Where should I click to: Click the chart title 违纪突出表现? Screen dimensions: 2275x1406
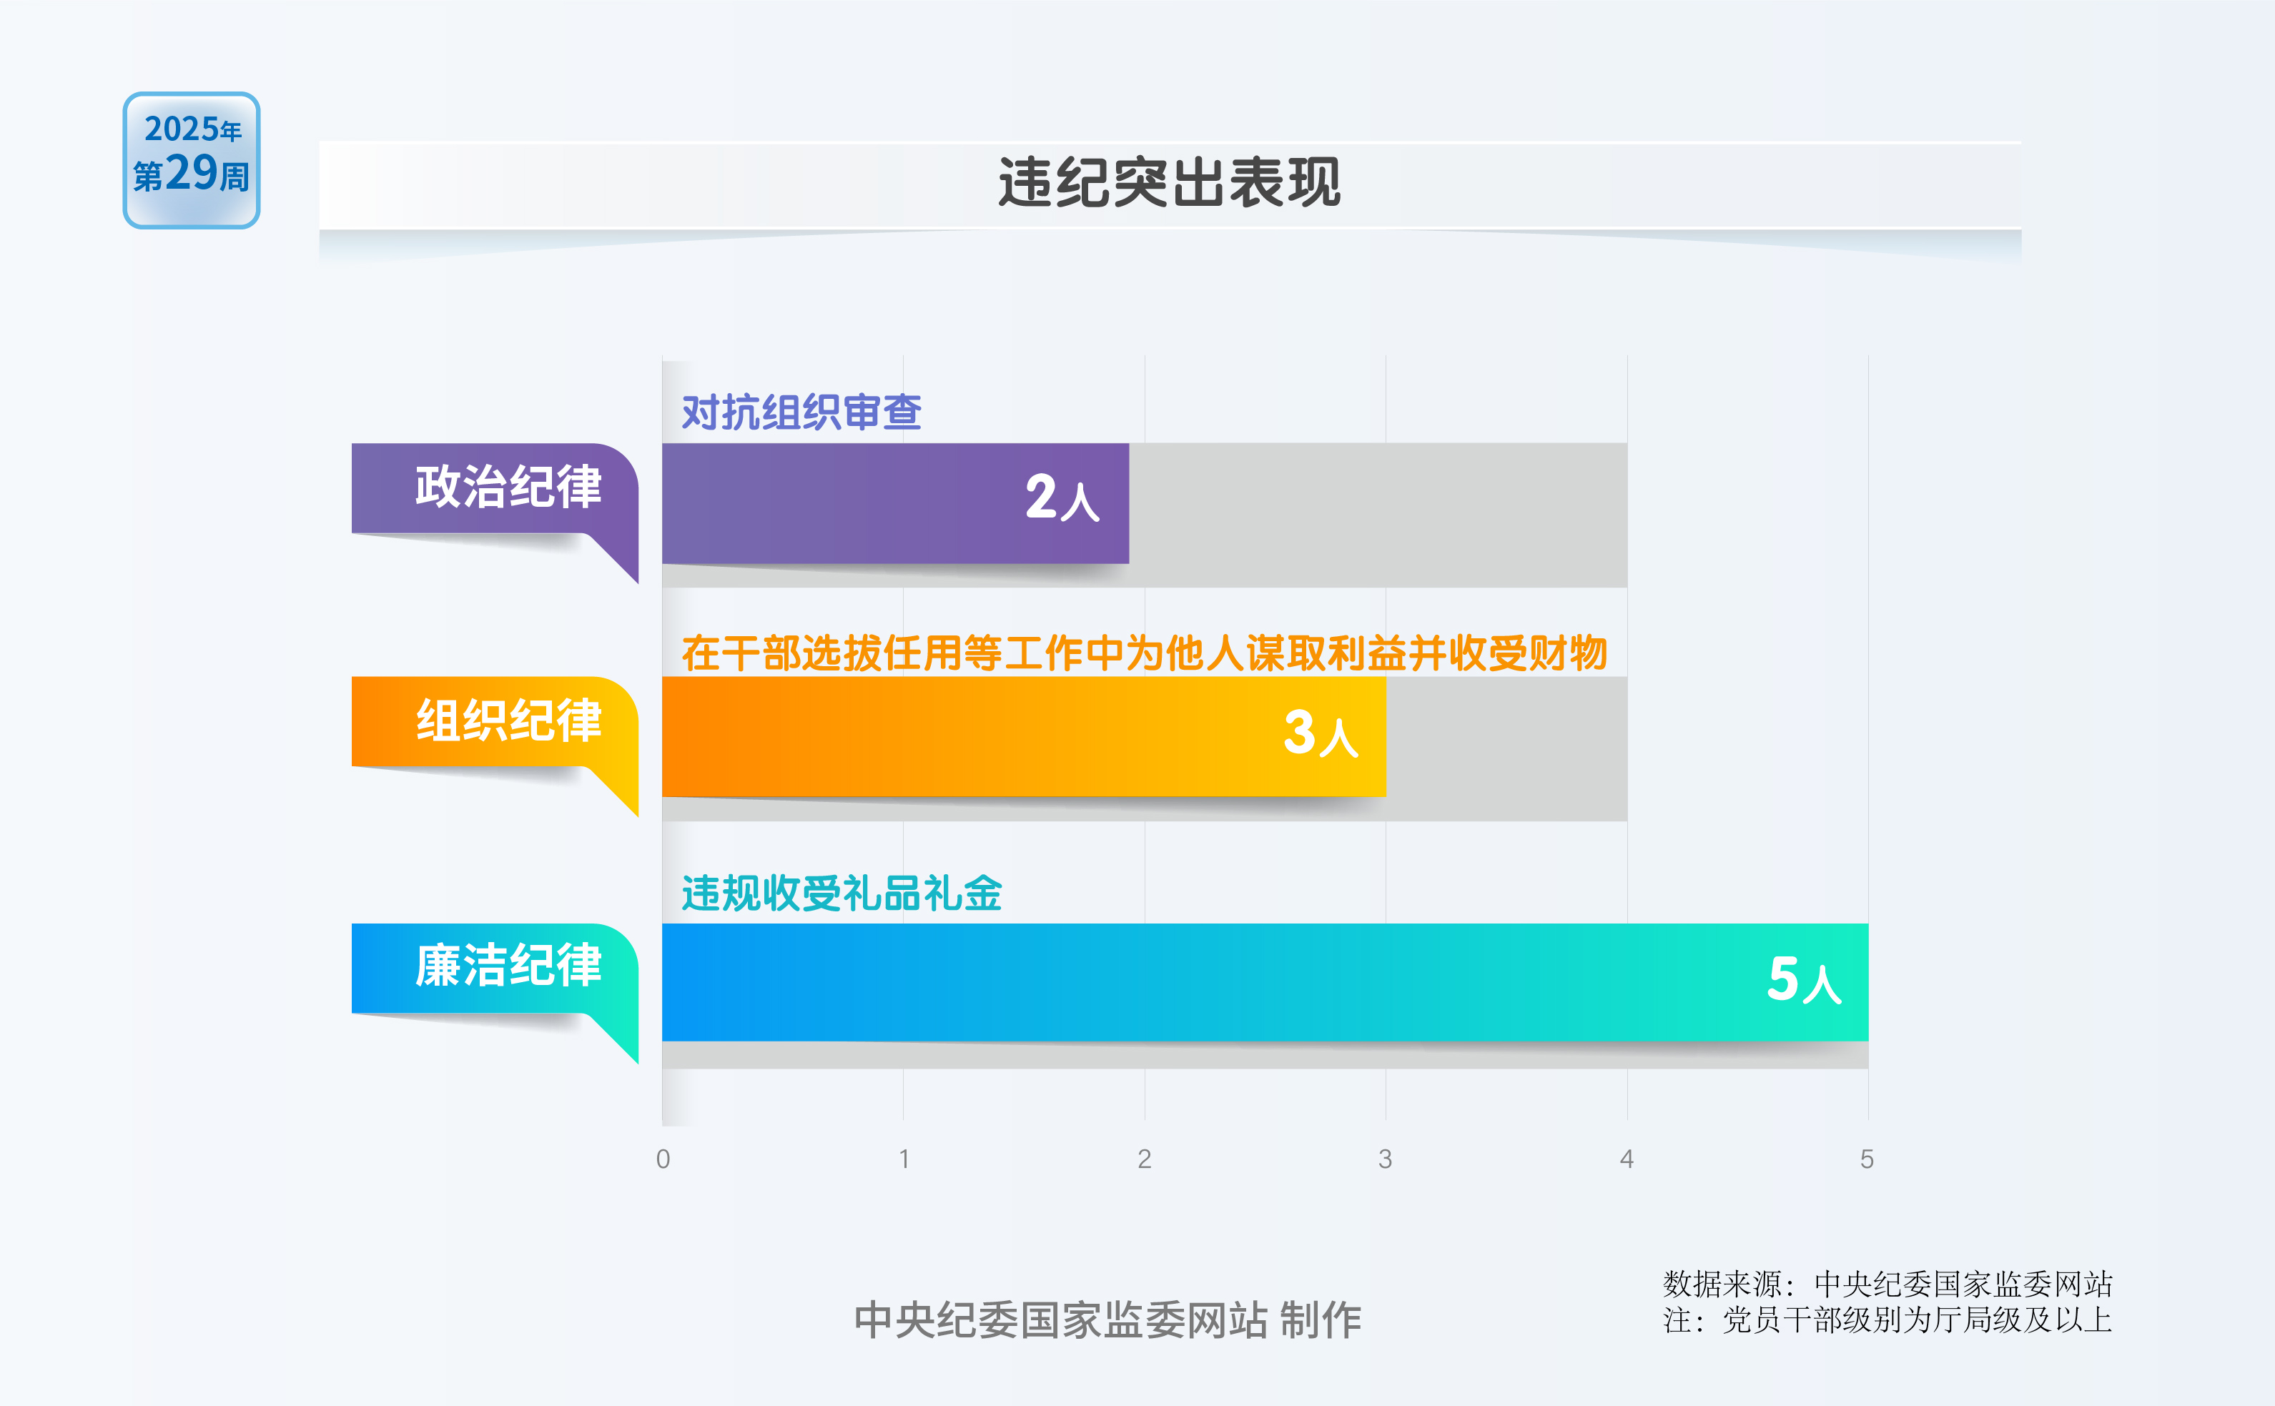pos(1169,182)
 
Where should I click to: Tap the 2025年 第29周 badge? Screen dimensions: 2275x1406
pos(192,160)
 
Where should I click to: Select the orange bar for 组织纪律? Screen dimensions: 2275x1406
pos(1024,736)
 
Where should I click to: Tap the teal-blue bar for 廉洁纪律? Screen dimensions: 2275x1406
pos(1265,982)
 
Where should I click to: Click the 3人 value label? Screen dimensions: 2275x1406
pos(1321,733)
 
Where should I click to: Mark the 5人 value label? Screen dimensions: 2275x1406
pos(1805,979)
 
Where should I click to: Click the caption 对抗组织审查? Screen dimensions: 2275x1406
pos(801,412)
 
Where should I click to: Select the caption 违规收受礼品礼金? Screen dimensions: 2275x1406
pos(842,893)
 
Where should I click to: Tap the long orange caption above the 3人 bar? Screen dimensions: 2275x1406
pos(1144,653)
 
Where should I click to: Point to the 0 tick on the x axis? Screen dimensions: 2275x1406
pos(663,1159)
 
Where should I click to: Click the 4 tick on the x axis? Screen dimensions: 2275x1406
pos(1627,1159)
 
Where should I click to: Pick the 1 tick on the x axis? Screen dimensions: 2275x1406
pos(904,1159)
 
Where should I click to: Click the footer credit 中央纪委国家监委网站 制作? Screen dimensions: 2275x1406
pos(1107,1320)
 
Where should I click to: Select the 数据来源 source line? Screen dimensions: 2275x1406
pos(1887,1284)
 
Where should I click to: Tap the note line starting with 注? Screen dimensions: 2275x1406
pos(1887,1320)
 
